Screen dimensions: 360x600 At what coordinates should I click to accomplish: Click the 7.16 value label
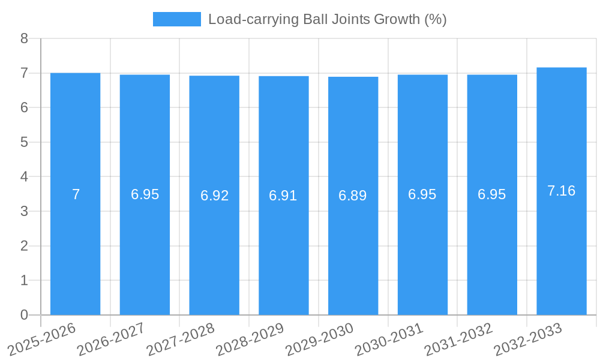tap(562, 191)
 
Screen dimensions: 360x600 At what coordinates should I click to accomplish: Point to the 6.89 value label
tap(353, 196)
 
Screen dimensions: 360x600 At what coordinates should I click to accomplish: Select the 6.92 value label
tap(214, 196)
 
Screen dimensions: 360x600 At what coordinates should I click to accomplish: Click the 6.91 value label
tap(283, 196)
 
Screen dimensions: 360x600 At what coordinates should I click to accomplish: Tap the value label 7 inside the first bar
tap(76, 194)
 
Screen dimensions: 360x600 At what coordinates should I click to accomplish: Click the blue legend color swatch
tap(176, 19)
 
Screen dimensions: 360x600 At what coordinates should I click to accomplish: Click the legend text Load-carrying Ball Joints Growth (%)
tap(327, 19)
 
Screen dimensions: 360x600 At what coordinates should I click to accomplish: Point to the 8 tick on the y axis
tap(24, 38)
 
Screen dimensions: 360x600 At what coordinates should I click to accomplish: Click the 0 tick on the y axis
tap(24, 315)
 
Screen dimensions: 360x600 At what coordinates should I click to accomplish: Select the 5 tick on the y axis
tap(24, 142)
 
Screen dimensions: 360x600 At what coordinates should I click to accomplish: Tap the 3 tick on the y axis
tap(24, 211)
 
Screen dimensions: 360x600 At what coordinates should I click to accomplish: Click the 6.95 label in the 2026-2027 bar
tap(145, 194)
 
